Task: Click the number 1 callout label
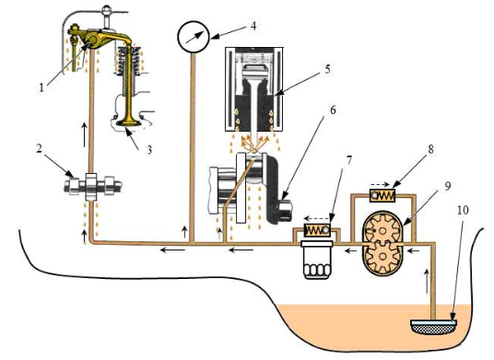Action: click(41, 87)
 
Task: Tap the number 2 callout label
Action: click(39, 148)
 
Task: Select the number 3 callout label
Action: click(149, 150)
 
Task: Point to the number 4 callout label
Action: click(253, 26)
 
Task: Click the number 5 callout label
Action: click(328, 69)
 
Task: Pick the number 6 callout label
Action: click(333, 110)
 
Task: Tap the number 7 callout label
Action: click(348, 160)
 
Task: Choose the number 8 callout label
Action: click(431, 149)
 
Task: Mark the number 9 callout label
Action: click(448, 186)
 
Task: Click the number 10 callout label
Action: click(463, 210)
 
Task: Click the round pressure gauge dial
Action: click(194, 37)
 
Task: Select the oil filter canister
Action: click(317, 260)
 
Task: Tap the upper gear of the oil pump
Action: click(382, 231)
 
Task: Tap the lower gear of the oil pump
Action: click(382, 257)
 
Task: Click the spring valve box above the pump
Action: click(382, 195)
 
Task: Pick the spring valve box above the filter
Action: click(316, 230)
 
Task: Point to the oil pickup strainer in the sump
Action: click(434, 327)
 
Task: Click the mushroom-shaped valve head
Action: click(128, 122)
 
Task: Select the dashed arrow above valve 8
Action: click(381, 184)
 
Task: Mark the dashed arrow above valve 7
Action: click(316, 218)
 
